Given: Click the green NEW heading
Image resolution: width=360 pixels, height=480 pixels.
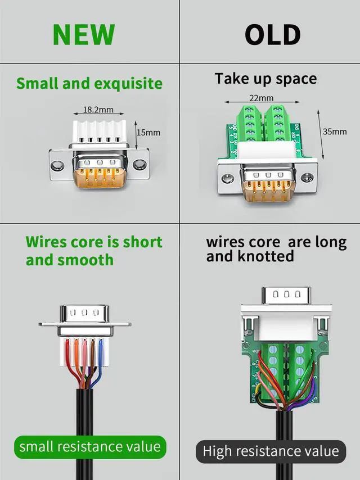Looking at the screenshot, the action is pyautogui.click(x=84, y=34).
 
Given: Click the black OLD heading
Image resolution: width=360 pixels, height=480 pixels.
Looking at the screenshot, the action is pyautogui.click(x=272, y=35).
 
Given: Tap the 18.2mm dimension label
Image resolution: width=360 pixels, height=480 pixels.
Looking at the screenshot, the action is pyautogui.click(x=98, y=109).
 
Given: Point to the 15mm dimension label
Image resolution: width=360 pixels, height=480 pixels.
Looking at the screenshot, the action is pyautogui.click(x=148, y=132).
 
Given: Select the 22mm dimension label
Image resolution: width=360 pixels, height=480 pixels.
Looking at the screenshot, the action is pyautogui.click(x=262, y=98).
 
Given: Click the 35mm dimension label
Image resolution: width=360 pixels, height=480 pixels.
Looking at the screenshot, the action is pyautogui.click(x=335, y=132).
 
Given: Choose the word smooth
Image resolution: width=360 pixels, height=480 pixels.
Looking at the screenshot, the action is pyautogui.click(x=85, y=260).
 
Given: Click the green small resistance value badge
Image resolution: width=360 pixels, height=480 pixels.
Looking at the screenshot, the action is pyautogui.click(x=90, y=447).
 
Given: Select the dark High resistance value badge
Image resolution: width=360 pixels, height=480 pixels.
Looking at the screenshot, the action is pyautogui.click(x=271, y=451).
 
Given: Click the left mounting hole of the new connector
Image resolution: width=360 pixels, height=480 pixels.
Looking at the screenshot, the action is pyautogui.click(x=57, y=165).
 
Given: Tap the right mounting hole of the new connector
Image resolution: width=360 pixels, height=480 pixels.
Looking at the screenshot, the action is pyautogui.click(x=139, y=165).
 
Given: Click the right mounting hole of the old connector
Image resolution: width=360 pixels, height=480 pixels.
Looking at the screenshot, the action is pyautogui.click(x=307, y=177).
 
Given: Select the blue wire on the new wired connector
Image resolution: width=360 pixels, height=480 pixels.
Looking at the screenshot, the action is pyautogui.click(x=97, y=363).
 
